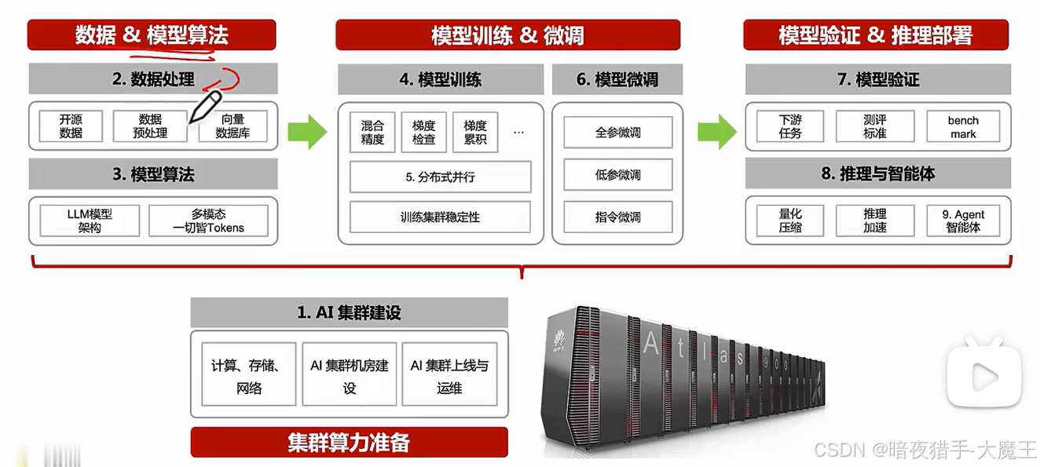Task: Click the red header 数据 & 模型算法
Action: pyautogui.click(x=152, y=35)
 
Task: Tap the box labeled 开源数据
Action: pyautogui.click(x=71, y=126)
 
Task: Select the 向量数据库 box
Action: pyautogui.click(x=233, y=126)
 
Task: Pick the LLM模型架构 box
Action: pyautogui.click(x=90, y=221)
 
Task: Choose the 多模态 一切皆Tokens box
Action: pyautogui.click(x=208, y=221)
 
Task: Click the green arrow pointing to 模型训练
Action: pyautogui.click(x=306, y=131)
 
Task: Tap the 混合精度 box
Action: pyautogui.click(x=372, y=133)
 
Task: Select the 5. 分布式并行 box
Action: pyautogui.click(x=440, y=177)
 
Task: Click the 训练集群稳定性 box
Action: pyautogui.click(x=440, y=217)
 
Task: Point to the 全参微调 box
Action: pyautogui.click(x=617, y=133)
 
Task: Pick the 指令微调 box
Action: pyautogui.click(x=617, y=217)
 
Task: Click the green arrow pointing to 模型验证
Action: pyautogui.click(x=716, y=131)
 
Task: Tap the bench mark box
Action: pyautogui.click(x=963, y=127)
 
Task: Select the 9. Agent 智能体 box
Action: pyautogui.click(x=963, y=221)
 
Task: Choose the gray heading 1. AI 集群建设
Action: pyautogui.click(x=349, y=312)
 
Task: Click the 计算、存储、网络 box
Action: pyautogui.click(x=249, y=376)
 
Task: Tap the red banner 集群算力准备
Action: pyautogui.click(x=349, y=443)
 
